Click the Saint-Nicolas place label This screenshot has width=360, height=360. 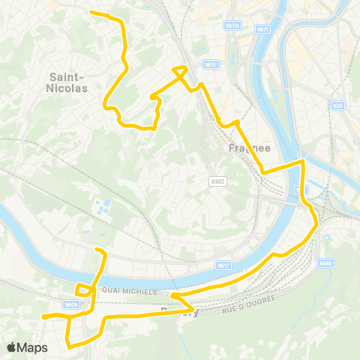pyautogui.click(x=69, y=82)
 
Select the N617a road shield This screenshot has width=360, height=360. pyautogui.click(x=232, y=25)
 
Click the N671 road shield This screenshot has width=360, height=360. pyautogui.click(x=262, y=29)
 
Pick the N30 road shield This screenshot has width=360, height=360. pyautogui.click(x=337, y=105)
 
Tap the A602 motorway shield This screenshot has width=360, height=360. pyautogui.click(x=218, y=180)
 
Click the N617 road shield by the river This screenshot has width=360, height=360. pyautogui.click(x=223, y=265)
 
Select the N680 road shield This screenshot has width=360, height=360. pyautogui.click(x=325, y=262)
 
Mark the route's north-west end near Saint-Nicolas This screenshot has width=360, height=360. pyautogui.click(x=91, y=12)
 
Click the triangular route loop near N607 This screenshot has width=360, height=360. pyautogui.click(x=180, y=72)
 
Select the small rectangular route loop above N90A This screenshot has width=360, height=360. pyautogui.click(x=82, y=288)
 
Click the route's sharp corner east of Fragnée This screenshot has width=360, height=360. pyautogui.click(x=301, y=161)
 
